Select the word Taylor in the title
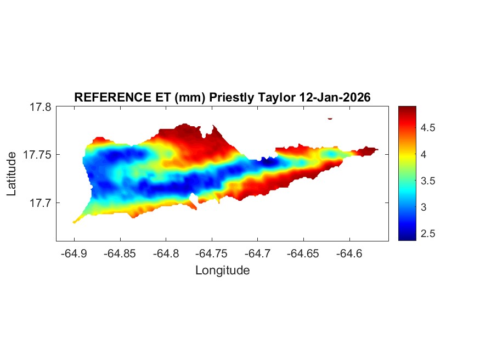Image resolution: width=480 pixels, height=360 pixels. click(276, 98)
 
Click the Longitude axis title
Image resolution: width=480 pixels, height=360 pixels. click(222, 270)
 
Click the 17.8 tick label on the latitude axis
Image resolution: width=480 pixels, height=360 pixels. click(40, 107)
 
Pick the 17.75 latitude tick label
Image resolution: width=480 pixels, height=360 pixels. click(37, 155)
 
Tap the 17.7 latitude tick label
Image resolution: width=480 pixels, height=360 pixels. click(40, 203)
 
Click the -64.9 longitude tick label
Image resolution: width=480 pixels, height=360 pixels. click(74, 254)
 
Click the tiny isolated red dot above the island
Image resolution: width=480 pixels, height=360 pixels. click(330, 118)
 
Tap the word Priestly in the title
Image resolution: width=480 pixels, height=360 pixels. click(230, 98)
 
